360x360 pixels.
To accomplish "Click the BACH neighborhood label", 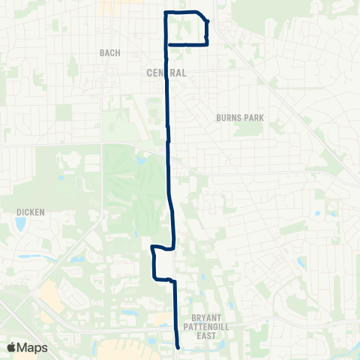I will click(x=109, y=52).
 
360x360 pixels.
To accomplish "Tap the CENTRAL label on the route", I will click(x=162, y=73).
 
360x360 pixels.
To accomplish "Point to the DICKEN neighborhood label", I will click(x=31, y=212).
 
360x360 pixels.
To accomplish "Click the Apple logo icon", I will click(x=11, y=347).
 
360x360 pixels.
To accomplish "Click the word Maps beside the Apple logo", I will click(x=33, y=347).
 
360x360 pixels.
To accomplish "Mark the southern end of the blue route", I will click(x=178, y=347).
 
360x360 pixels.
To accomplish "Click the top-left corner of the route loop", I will click(x=166, y=13).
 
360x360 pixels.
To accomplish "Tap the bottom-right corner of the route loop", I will click(x=206, y=44).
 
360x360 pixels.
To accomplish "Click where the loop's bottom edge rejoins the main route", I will click(x=166, y=44).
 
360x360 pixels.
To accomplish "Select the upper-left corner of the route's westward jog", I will click(x=152, y=247).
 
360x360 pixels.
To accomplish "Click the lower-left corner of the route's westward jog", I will click(x=154, y=278).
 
